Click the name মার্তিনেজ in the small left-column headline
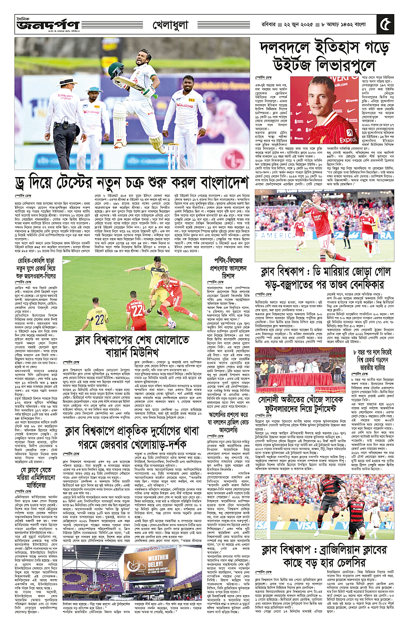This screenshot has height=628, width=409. [38, 478]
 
